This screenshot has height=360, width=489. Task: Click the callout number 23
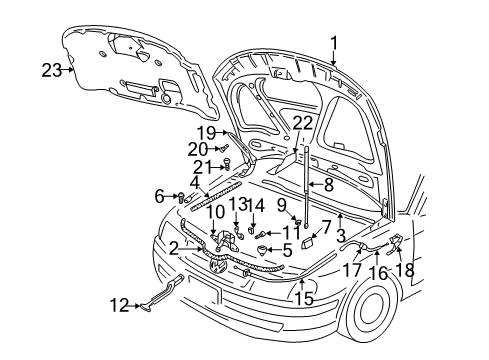click(52, 70)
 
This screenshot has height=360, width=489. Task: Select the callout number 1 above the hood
click(334, 45)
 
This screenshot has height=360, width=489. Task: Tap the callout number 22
click(303, 123)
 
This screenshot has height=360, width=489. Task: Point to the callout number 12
click(119, 305)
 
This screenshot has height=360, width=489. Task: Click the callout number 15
click(304, 298)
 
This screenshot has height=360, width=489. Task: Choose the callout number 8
click(329, 184)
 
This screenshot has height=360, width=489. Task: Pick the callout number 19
click(207, 133)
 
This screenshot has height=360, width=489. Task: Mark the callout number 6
click(159, 196)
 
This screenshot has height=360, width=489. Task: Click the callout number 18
click(405, 269)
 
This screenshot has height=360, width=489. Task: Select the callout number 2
click(174, 249)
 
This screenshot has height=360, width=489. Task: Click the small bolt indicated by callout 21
click(226, 164)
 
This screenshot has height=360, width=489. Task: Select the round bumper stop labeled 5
click(262, 250)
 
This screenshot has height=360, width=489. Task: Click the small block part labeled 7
click(307, 243)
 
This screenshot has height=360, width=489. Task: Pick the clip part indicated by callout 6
click(181, 197)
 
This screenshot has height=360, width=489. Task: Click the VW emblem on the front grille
click(216, 265)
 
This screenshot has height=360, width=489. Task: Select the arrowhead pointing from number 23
click(72, 70)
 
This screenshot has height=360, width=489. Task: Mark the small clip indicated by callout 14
click(252, 229)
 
